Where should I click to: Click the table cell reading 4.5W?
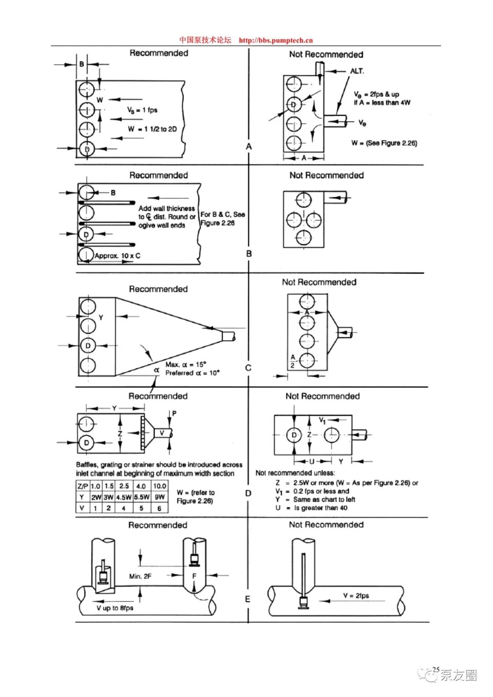coord(124,497)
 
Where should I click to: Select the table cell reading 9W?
coord(160,497)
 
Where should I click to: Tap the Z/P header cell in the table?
coord(83,486)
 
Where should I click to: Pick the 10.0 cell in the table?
coord(160,486)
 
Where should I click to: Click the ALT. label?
coord(357,71)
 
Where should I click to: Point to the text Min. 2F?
coord(140,576)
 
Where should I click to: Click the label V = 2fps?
coord(356,596)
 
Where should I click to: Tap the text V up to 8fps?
coord(115,608)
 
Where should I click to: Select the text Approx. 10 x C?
coord(117,256)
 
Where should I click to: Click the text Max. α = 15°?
coord(186,364)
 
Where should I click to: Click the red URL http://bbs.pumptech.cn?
coord(276,40)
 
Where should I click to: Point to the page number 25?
coord(436,669)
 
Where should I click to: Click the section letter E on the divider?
coord(248,599)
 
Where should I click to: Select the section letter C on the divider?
coord(248,368)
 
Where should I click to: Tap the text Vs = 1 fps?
coord(142,110)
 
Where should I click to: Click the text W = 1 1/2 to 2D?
coord(152,129)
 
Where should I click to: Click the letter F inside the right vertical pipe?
coord(194,576)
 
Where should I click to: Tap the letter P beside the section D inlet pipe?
coord(174,414)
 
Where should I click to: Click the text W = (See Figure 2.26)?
coord(384,143)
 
